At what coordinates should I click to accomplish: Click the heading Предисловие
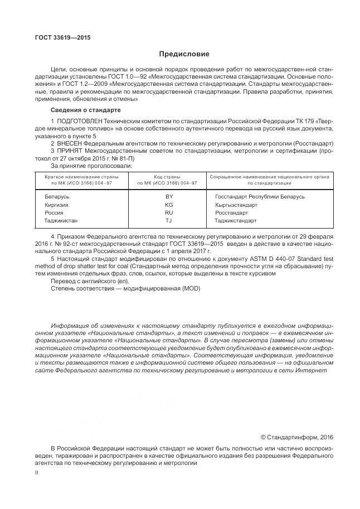[x=184, y=54]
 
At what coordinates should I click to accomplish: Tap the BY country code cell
[x=169, y=196]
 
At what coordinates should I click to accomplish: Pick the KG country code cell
[x=169, y=205]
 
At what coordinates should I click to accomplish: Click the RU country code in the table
[x=169, y=213]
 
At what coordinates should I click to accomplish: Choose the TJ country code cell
[x=169, y=221]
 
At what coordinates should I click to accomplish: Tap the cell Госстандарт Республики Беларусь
[x=260, y=196]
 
